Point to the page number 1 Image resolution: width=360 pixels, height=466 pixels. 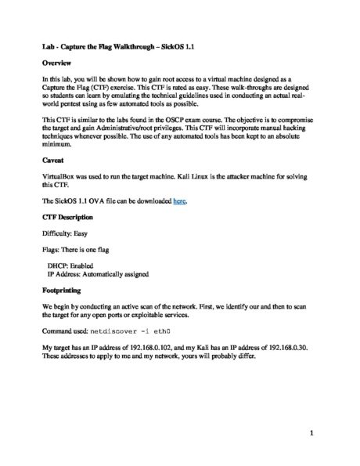pyautogui.click(x=311, y=432)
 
